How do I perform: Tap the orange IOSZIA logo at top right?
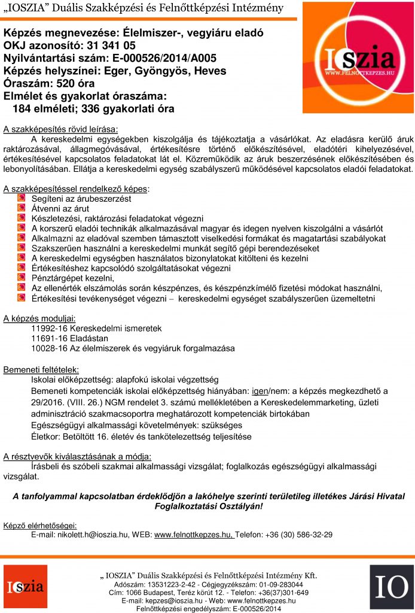tap(358, 58)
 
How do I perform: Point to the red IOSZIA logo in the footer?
tap(25, 586)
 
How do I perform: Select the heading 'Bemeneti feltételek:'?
tap(41, 369)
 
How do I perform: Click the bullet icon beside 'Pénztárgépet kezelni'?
tap(22, 278)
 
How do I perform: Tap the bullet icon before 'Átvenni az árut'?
tap(22, 208)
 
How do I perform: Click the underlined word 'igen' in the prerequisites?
tap(260, 390)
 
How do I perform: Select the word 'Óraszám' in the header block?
tap(27, 83)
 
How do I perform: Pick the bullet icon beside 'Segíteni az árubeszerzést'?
tap(22, 198)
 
